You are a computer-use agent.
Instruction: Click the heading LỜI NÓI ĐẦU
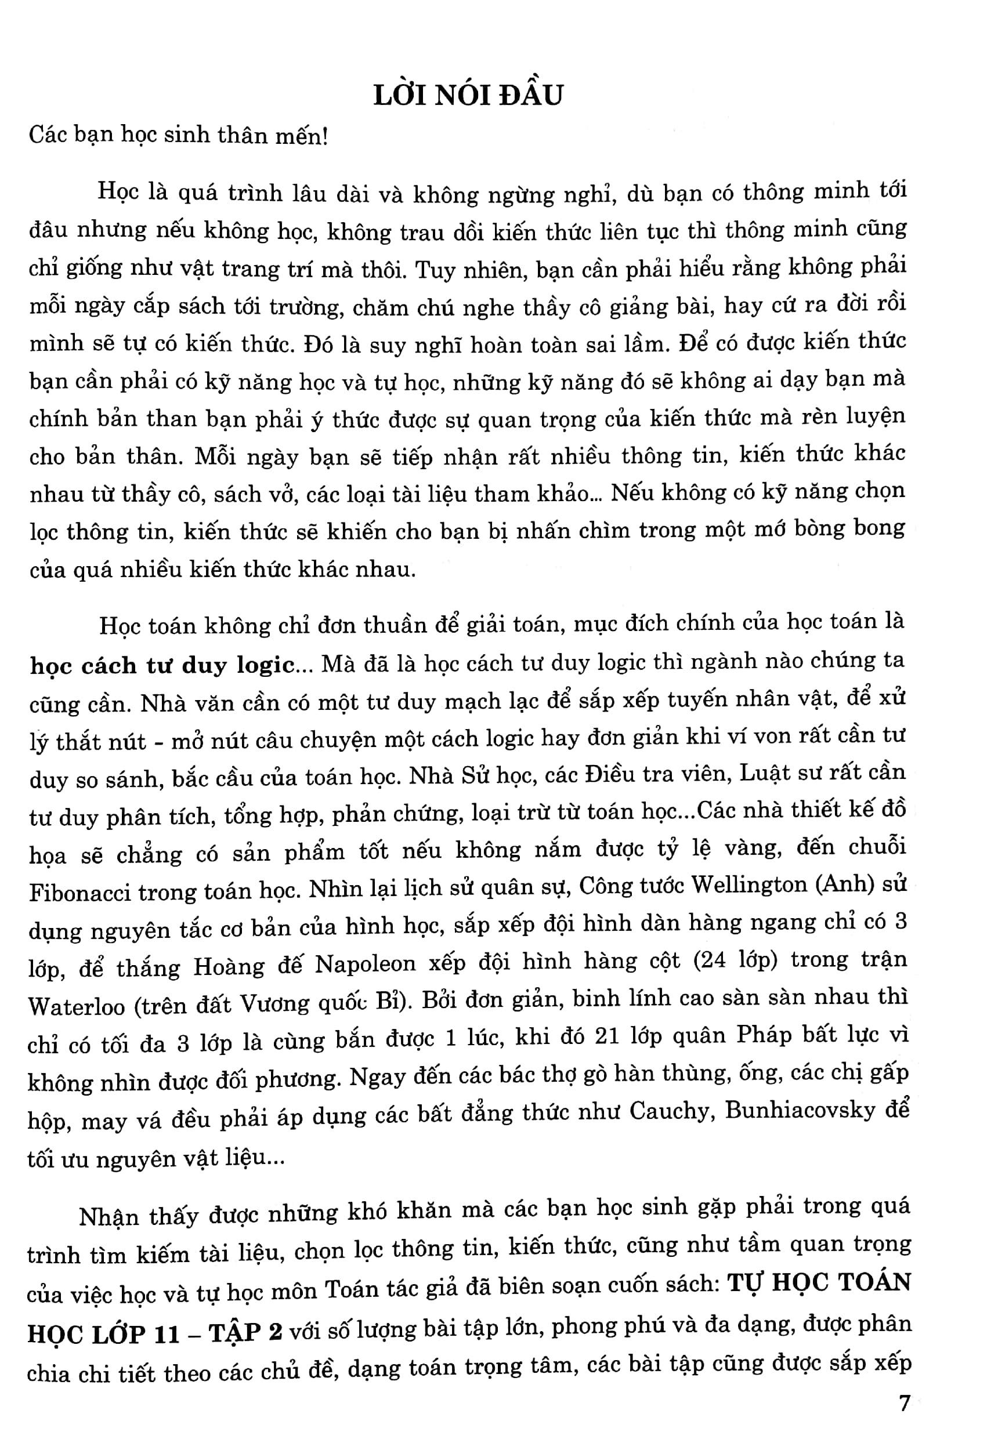tap(468, 96)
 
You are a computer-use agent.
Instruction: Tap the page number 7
tap(904, 1403)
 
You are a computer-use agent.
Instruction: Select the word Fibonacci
tap(76, 892)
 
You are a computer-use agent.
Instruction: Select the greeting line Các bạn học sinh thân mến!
tap(178, 136)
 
